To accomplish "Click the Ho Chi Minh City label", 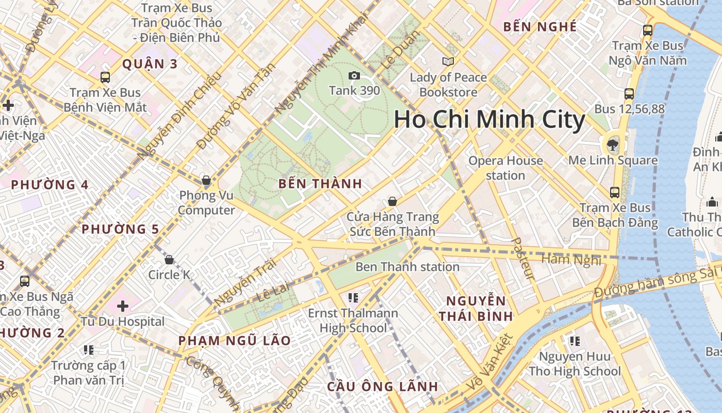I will click(x=489, y=120).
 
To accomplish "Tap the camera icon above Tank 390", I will click(x=354, y=76).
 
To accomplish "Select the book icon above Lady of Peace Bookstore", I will click(x=448, y=62).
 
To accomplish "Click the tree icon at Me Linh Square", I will click(x=613, y=144).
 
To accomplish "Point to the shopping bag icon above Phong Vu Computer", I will click(x=206, y=180).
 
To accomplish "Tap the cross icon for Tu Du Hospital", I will click(x=123, y=306).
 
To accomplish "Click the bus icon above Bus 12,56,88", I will click(x=629, y=94).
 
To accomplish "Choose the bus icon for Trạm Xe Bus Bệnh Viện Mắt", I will click(x=105, y=77).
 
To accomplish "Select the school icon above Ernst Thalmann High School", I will click(x=353, y=297).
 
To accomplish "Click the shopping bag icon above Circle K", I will click(x=169, y=259).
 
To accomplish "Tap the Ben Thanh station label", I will click(x=407, y=267).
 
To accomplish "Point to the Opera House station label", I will click(x=505, y=168).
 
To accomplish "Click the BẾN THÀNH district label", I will click(x=320, y=184).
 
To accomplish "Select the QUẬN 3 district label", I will click(x=150, y=64).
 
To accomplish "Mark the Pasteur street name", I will click(x=522, y=258).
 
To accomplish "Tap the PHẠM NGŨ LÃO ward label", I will click(x=235, y=341).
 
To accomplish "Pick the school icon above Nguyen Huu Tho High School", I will click(x=575, y=341).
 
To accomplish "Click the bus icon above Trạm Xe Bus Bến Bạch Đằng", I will click(x=615, y=193).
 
